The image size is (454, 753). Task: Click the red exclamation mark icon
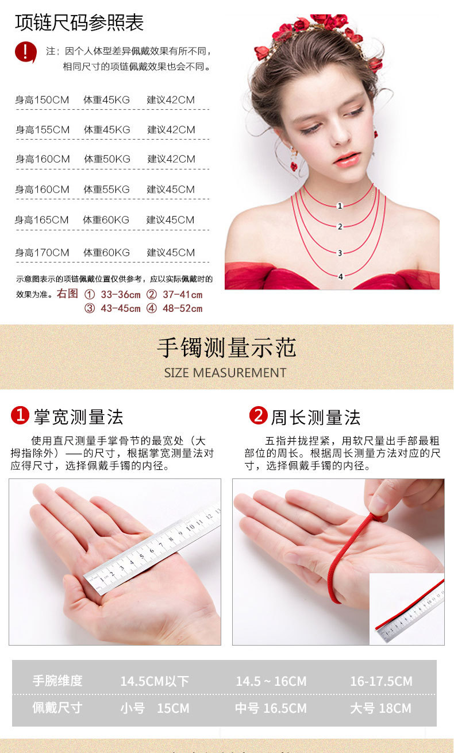click(25, 52)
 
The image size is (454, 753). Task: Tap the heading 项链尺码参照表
click(79, 23)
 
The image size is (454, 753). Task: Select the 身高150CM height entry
click(42, 100)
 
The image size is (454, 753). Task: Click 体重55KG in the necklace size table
click(107, 190)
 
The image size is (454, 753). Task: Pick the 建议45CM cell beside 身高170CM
click(171, 253)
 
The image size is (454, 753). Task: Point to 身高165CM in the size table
click(41, 220)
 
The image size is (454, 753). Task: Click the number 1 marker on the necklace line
click(340, 206)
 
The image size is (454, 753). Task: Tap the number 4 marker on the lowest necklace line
click(341, 277)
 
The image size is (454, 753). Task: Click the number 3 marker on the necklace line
click(340, 253)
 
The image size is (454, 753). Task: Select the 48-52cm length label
click(183, 308)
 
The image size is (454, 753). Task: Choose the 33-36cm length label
click(120, 295)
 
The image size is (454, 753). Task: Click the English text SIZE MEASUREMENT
click(225, 373)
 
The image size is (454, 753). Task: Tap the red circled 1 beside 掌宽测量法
click(20, 415)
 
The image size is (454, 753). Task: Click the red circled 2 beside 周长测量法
click(258, 415)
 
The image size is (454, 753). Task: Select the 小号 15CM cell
click(155, 708)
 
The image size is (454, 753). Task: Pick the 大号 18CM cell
click(380, 708)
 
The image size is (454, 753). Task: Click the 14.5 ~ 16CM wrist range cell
click(271, 681)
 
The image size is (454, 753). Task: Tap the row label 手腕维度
click(57, 681)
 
